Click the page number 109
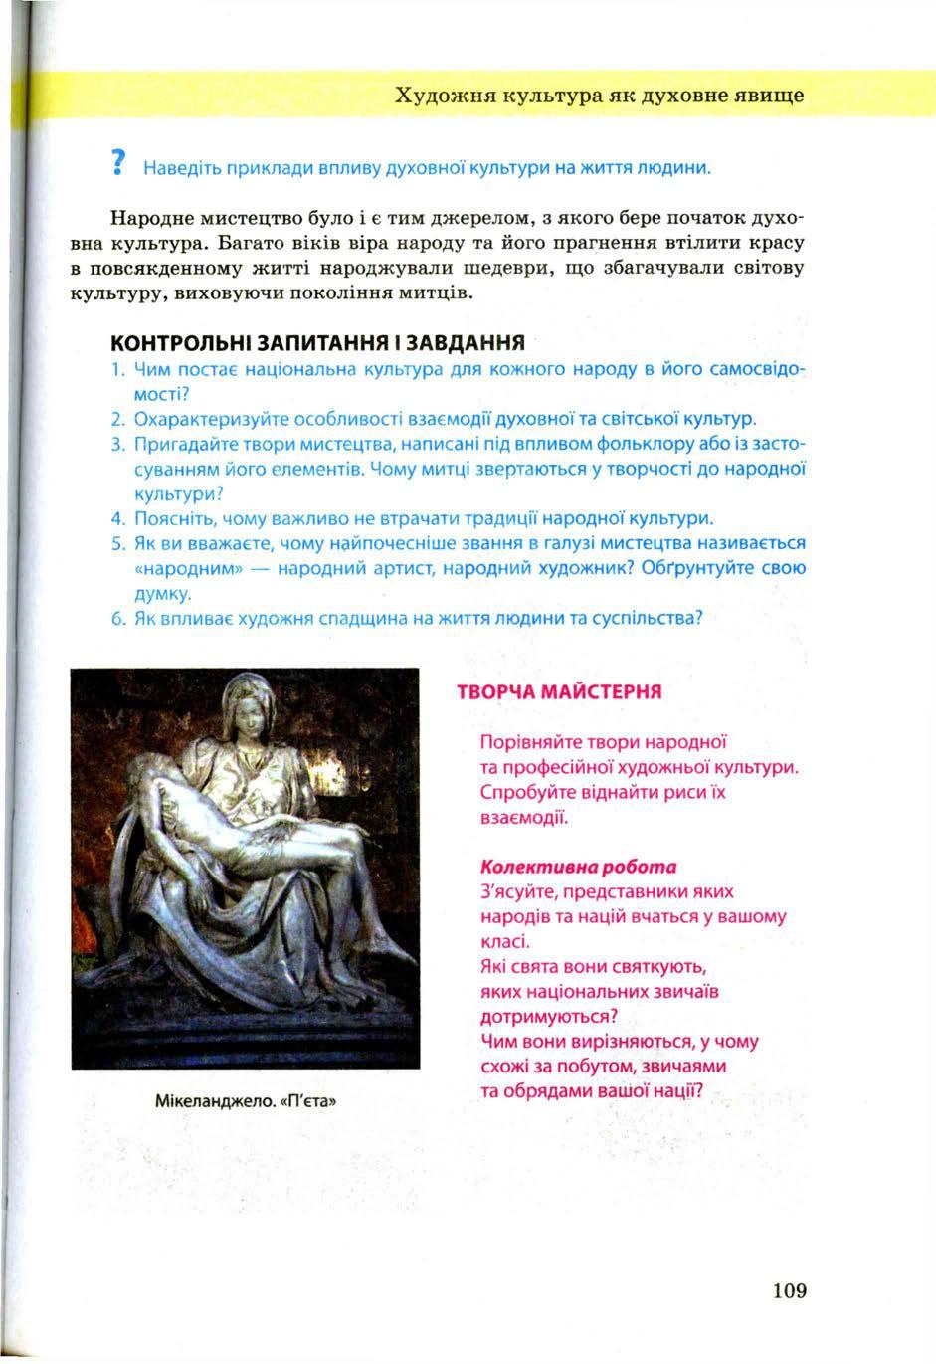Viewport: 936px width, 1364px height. click(788, 1291)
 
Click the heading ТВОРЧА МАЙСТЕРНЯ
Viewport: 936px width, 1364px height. click(559, 691)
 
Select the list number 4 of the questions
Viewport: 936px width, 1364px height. click(116, 518)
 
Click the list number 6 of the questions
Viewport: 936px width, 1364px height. click(116, 618)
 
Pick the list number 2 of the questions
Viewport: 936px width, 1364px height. click(116, 418)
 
